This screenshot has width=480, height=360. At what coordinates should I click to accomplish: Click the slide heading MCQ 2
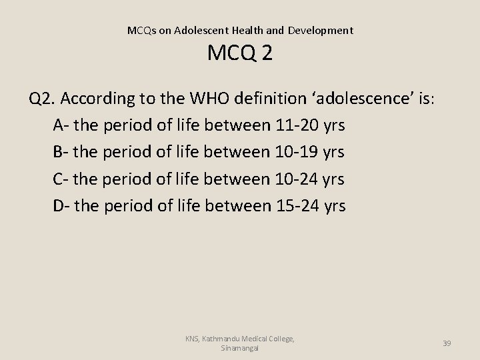tap(239, 53)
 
